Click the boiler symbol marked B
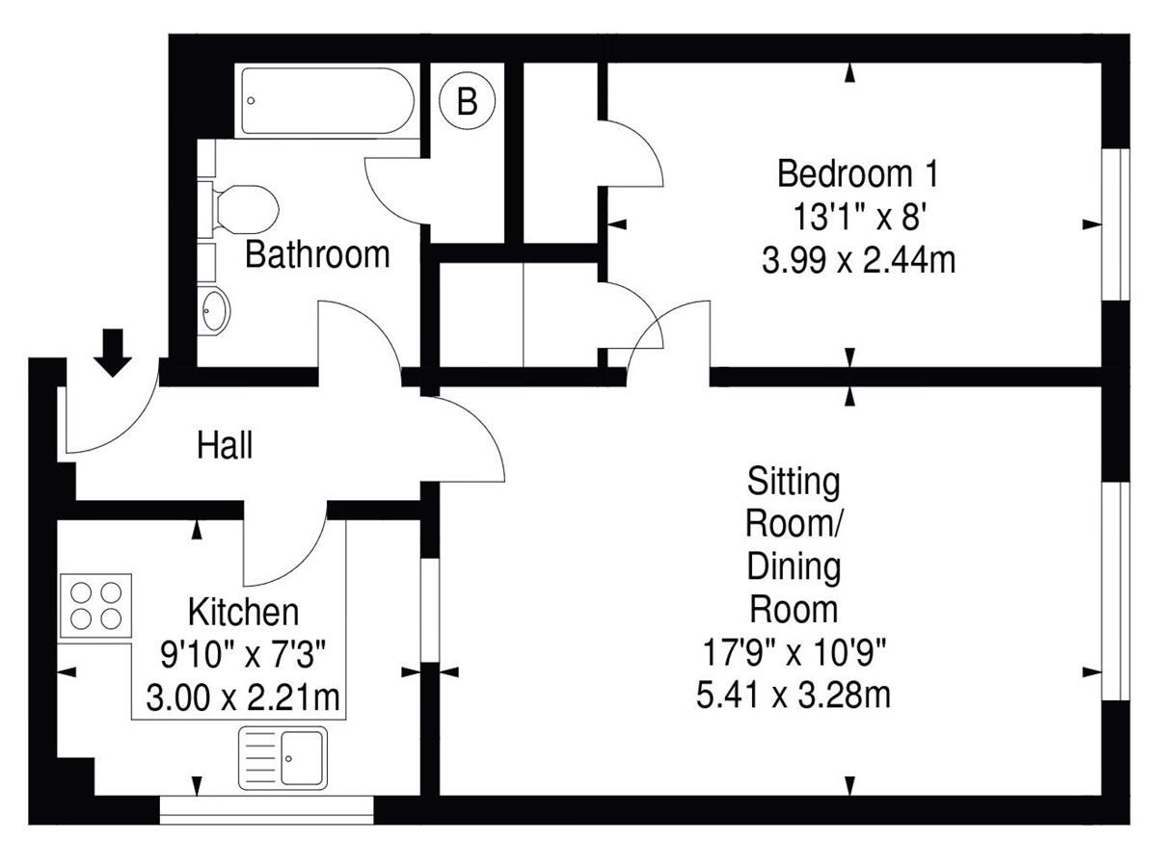pos(467,100)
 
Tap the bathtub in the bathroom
pos(327,100)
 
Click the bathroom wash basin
pos(215,310)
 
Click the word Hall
pos(225,445)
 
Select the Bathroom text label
pos(317,254)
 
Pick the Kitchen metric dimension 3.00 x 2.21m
pos(243,697)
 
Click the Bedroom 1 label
pos(858,173)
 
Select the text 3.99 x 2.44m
pos(859,260)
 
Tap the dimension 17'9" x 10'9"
pos(794,652)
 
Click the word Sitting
pos(794,482)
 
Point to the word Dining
pos(794,567)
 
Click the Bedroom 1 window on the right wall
pos(1116,224)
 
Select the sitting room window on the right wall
pos(1116,591)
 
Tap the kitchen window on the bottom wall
pos(266,809)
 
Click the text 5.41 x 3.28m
pos(794,695)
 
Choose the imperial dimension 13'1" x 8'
pos(859,217)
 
